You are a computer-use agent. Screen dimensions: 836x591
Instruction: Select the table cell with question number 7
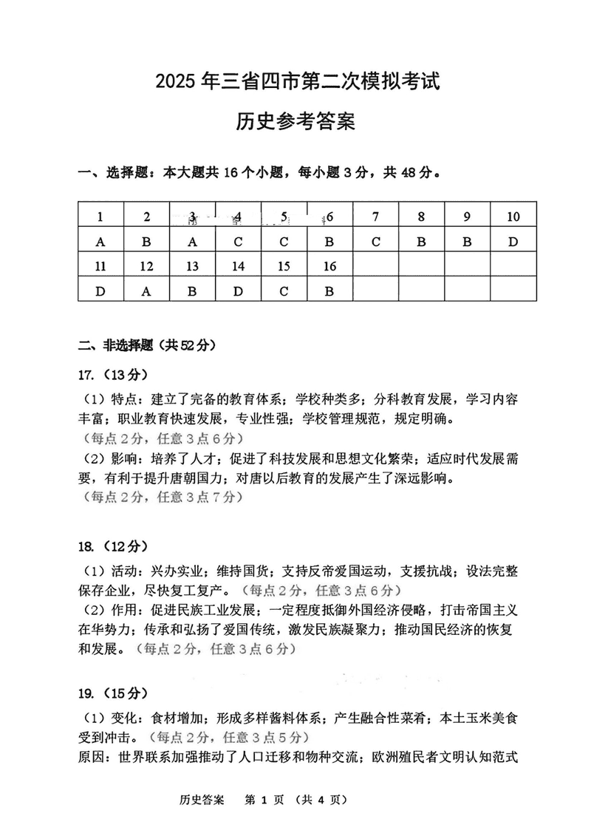[x=376, y=217]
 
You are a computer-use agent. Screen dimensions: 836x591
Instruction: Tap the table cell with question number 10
[x=513, y=217]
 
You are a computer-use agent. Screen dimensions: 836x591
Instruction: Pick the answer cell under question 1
[x=100, y=241]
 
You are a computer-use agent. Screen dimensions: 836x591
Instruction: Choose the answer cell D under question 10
[x=513, y=241]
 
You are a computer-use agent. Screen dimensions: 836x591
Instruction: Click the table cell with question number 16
[x=330, y=266]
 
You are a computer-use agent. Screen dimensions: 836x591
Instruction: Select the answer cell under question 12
[x=146, y=291]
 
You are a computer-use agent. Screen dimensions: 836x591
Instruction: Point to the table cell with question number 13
[x=192, y=266]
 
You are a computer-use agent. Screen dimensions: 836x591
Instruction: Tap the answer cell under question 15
[x=284, y=291]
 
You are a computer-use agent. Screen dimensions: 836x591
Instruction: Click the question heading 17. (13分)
[x=113, y=374]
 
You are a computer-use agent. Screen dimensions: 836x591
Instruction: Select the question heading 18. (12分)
[x=113, y=546]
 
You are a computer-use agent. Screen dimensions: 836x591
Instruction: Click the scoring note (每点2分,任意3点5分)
[x=228, y=737]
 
